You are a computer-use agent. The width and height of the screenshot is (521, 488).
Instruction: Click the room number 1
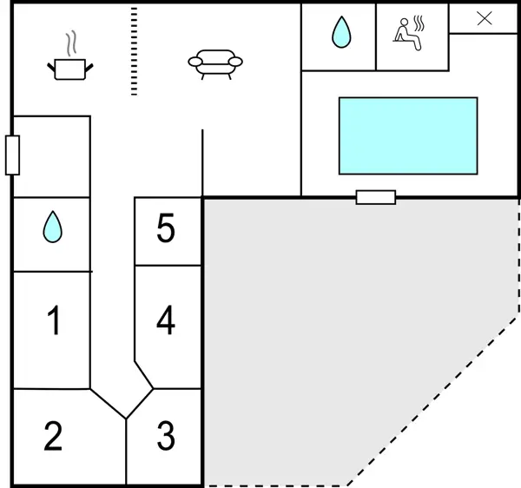pos(54,321)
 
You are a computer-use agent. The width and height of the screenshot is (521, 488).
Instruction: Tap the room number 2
pos(53,436)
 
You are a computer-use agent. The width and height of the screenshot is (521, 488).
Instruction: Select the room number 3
pos(166,436)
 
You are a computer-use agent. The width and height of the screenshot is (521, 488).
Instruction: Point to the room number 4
pos(166,320)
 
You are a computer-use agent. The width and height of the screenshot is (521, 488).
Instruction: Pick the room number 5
pos(166,229)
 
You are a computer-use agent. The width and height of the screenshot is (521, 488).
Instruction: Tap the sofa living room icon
pos(214,63)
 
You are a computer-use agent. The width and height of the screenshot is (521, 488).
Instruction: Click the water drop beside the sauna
pos(339,34)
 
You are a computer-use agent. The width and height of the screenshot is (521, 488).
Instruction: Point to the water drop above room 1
pos(53,228)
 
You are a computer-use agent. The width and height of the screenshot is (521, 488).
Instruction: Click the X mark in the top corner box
pos(485,18)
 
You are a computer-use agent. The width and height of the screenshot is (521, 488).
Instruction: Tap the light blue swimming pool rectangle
pos(407,135)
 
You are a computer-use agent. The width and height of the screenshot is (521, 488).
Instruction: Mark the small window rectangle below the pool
pos(375,197)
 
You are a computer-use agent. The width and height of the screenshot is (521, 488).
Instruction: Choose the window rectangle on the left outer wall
pos(12,155)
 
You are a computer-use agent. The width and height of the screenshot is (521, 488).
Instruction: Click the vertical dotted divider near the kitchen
pos(134,50)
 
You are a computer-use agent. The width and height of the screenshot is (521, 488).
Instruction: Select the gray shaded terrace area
pos(347,330)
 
